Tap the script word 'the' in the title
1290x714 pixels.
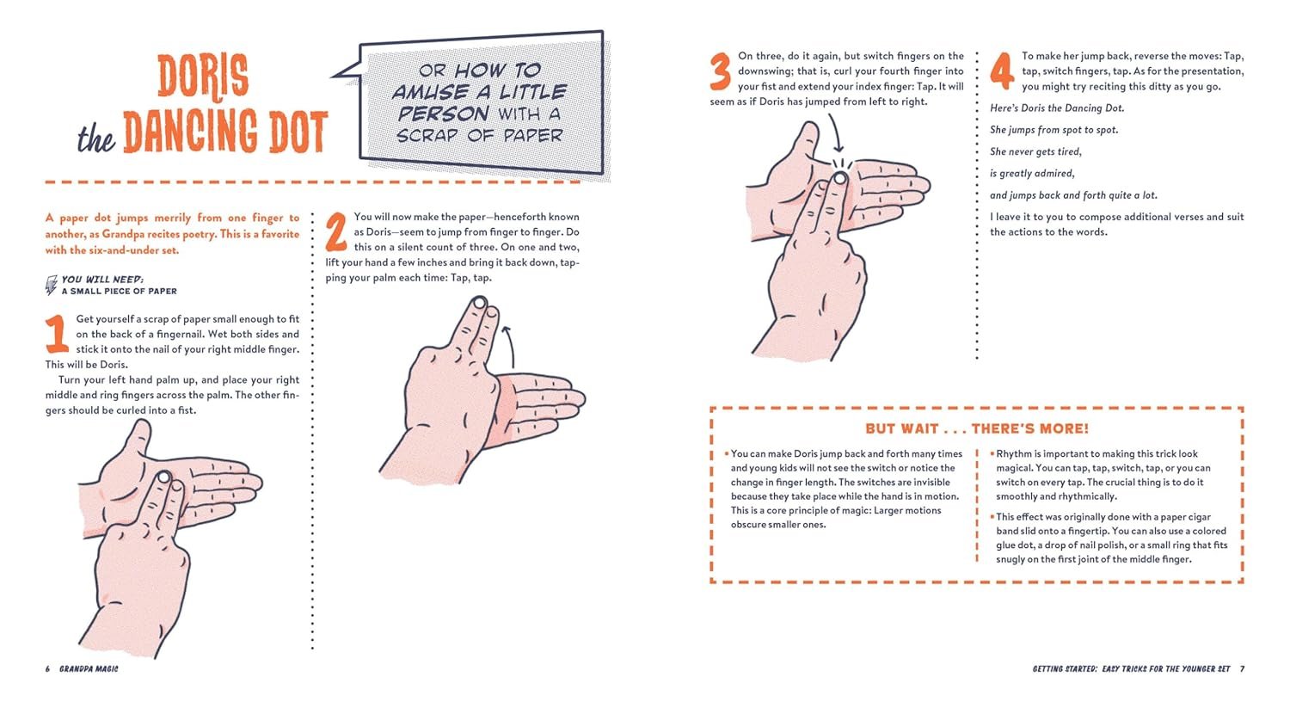pyautogui.click(x=96, y=138)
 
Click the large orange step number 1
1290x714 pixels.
pyautogui.click(x=57, y=335)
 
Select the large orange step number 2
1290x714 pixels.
pyautogui.click(x=336, y=231)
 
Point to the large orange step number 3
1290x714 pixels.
pyautogui.click(x=721, y=72)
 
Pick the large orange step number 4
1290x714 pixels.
pyautogui.click(x=1002, y=71)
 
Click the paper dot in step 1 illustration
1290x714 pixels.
pyautogui.click(x=164, y=477)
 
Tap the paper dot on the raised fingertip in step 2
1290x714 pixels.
pyautogui.click(x=480, y=303)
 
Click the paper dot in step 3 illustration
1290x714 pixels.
pyautogui.click(x=840, y=178)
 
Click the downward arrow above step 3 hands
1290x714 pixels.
pyautogui.click(x=836, y=133)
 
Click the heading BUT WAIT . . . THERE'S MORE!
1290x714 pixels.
pyautogui.click(x=977, y=428)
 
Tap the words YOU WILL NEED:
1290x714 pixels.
pyautogui.click(x=102, y=280)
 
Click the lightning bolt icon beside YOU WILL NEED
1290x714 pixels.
pyautogui.click(x=52, y=285)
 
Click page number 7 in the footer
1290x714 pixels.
pyautogui.click(x=1242, y=669)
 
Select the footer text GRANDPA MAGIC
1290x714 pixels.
pyautogui.click(x=89, y=669)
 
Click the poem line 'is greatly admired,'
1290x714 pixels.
pyautogui.click(x=1032, y=174)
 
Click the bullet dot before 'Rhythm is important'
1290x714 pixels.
pyautogui.click(x=992, y=453)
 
